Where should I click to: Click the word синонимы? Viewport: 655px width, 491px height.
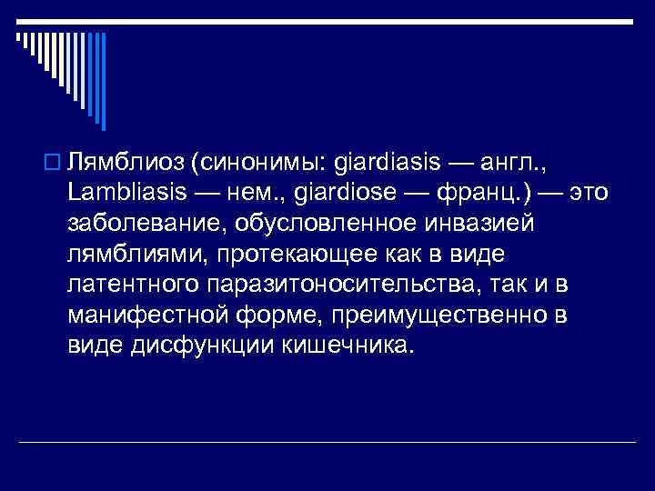click(x=259, y=164)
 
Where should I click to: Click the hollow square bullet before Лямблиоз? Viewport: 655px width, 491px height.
click(x=52, y=165)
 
